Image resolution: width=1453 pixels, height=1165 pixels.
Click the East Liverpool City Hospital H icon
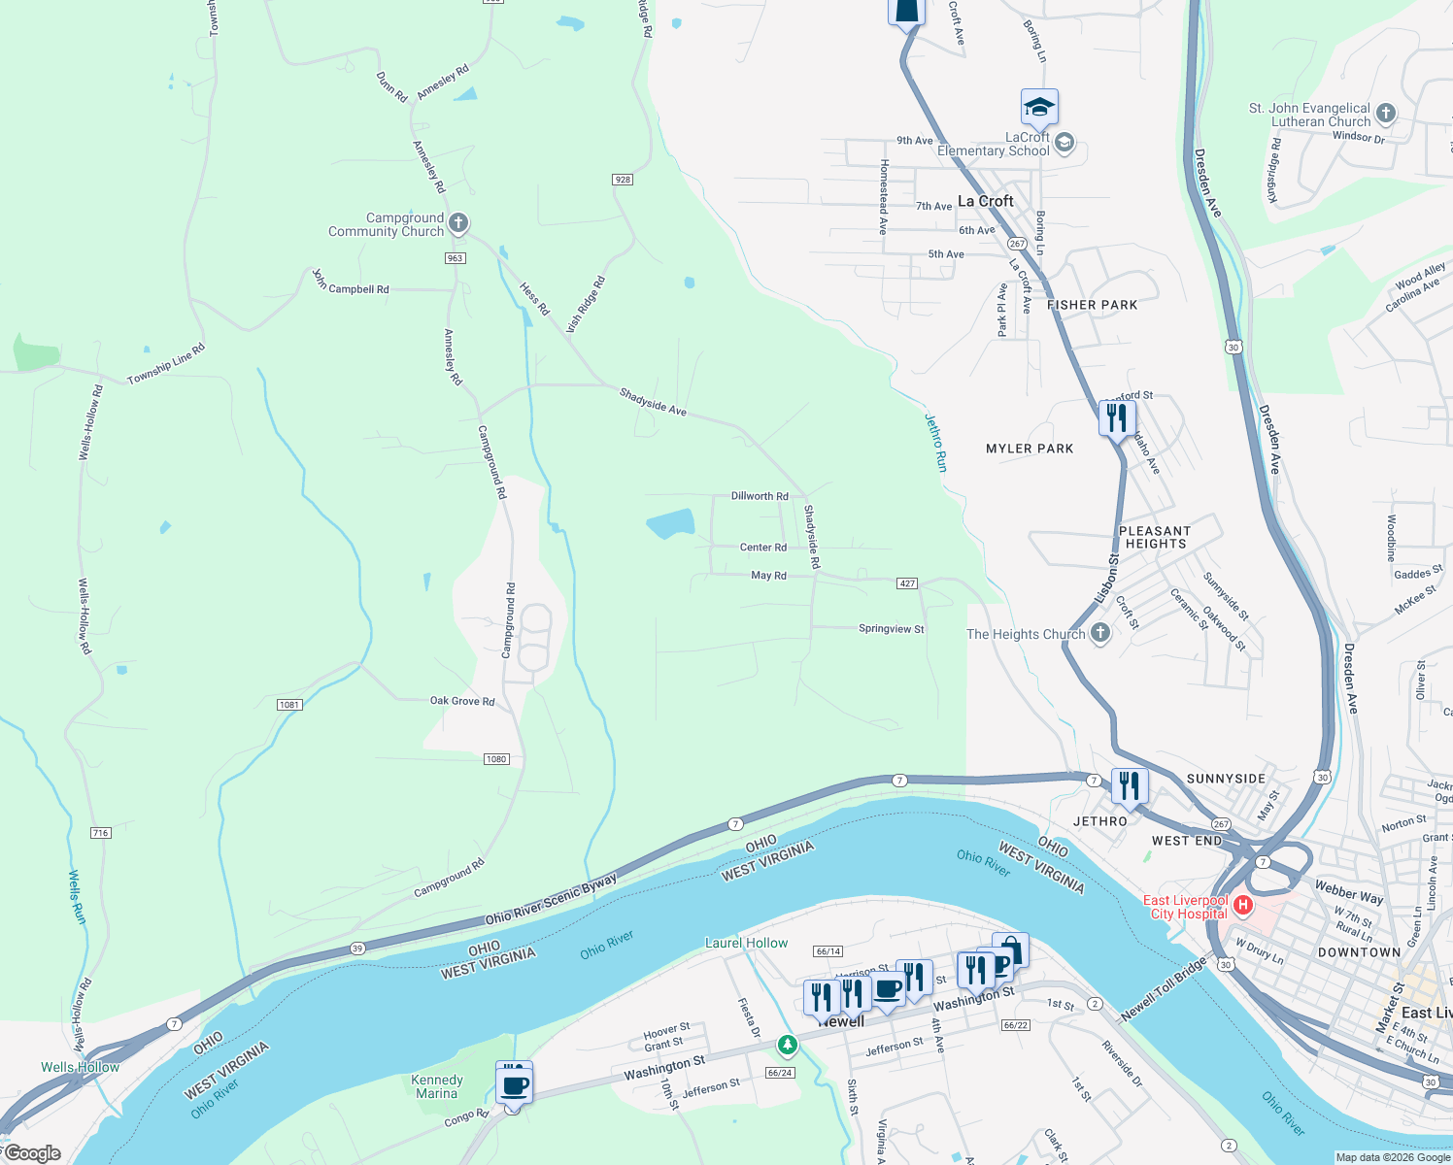point(1243,906)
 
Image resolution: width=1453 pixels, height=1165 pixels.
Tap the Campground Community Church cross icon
point(458,224)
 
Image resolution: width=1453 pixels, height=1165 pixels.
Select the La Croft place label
point(985,201)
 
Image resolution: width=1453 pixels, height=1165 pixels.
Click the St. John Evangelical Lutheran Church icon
point(1386,114)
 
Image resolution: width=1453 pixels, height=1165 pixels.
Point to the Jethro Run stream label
point(934,443)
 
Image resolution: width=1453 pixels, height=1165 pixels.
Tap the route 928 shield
point(623,180)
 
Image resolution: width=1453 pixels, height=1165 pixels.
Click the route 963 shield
point(456,258)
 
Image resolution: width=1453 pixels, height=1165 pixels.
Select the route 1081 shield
point(289,705)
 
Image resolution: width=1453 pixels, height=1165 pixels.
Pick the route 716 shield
point(100,833)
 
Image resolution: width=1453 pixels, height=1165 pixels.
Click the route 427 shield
point(907,583)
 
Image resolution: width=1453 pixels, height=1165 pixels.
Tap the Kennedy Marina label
point(437,1086)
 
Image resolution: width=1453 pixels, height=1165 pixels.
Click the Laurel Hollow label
point(746,943)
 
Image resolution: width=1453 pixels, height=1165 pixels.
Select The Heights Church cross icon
point(1099,634)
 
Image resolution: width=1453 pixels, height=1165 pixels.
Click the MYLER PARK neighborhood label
point(1030,449)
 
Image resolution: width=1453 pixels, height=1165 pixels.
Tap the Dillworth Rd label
point(760,496)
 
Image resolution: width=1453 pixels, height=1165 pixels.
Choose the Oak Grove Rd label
point(462,701)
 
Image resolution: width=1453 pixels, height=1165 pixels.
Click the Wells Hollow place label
point(81,1067)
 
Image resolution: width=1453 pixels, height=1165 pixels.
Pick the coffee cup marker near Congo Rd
point(515,1085)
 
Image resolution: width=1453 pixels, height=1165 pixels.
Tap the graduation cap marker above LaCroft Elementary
point(1038,108)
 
